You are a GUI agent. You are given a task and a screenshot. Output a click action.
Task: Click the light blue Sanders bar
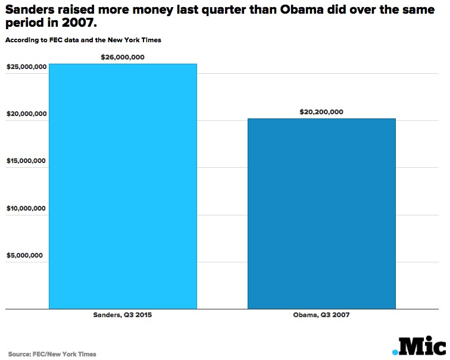[123, 186]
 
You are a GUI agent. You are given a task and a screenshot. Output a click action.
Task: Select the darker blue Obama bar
[321, 214]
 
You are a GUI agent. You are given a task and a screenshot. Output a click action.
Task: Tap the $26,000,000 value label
[123, 57]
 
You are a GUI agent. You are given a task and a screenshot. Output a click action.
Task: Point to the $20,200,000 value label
[321, 112]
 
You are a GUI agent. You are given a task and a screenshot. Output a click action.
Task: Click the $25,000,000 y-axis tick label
[27, 67]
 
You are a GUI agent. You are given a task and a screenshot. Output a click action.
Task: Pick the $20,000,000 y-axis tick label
[27, 114]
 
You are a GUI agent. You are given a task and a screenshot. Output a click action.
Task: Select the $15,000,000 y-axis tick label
[27, 161]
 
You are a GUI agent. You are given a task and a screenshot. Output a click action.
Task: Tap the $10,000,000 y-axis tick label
[27, 209]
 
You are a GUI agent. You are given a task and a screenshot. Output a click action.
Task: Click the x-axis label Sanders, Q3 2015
[123, 315]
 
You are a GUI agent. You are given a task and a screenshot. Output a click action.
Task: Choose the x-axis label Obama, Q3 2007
[321, 315]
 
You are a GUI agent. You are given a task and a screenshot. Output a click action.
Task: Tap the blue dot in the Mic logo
[395, 352]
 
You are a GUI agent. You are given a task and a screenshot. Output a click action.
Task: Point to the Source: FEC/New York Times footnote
[52, 354]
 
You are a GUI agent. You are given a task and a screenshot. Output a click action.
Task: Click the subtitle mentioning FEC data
[83, 40]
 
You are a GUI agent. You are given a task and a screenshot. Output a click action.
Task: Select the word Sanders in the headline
[30, 9]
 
